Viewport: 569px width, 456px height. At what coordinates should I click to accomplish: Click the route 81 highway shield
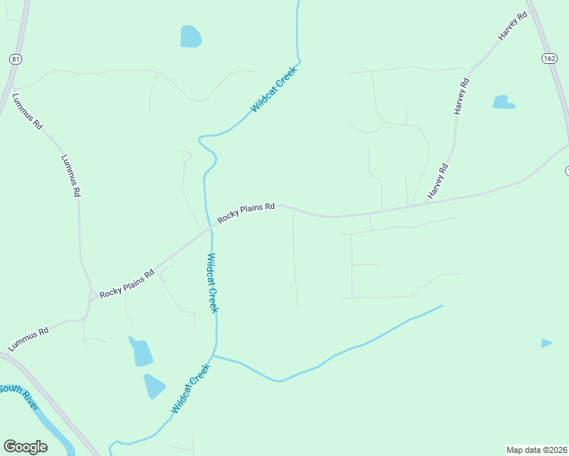[15, 59]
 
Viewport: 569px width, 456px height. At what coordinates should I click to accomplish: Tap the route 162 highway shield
[550, 59]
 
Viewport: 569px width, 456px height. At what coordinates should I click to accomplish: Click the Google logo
[25, 446]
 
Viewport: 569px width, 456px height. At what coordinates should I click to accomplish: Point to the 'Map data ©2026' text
[536, 449]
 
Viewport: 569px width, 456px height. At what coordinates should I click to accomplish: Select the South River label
[19, 395]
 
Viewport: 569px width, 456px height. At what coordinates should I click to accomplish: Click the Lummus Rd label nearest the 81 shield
[27, 112]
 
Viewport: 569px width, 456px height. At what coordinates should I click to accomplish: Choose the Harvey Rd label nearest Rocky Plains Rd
[438, 182]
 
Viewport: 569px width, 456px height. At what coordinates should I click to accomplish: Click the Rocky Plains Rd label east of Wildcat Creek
[246, 213]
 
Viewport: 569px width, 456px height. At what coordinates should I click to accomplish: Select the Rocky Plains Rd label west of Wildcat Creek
[127, 281]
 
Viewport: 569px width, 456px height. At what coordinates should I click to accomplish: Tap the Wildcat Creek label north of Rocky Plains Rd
[272, 90]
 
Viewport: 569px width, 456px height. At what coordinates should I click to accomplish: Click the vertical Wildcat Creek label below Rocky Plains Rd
[212, 283]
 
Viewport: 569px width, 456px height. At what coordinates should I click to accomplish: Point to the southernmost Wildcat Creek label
[190, 388]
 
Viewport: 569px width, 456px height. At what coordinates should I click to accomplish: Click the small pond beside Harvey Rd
[503, 102]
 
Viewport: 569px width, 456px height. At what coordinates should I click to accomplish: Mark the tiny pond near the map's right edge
[545, 344]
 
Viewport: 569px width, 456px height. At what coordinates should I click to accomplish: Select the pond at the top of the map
[191, 36]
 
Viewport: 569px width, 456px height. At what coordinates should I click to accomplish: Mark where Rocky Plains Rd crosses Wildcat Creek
[211, 226]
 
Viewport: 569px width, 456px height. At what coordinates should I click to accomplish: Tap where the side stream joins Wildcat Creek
[215, 355]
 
